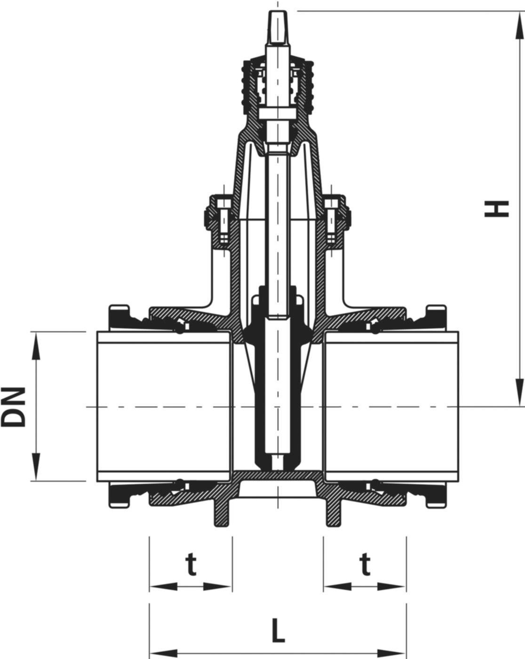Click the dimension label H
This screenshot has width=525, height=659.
point(497,209)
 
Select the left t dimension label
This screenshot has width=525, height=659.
point(190,565)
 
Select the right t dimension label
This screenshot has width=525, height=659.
point(365,565)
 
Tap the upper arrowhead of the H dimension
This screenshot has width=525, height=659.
point(518,21)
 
